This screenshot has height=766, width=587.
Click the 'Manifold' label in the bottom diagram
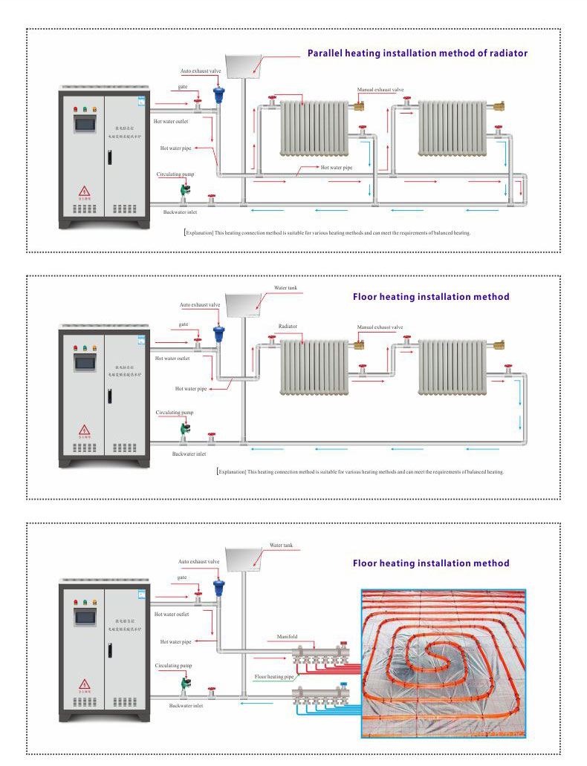[287, 637]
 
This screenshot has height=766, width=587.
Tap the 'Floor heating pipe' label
[274, 677]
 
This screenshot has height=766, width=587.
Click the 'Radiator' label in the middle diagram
[288, 326]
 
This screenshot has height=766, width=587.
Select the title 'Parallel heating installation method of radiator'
[418, 53]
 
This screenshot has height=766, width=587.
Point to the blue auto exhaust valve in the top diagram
[218, 96]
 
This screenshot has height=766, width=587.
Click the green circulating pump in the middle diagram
[184, 428]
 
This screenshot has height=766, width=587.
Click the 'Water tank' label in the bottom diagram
[281, 545]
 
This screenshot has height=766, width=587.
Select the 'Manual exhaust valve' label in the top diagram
[380, 90]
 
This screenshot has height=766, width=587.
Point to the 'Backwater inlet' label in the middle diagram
[189, 454]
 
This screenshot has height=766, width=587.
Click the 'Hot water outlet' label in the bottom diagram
[172, 615]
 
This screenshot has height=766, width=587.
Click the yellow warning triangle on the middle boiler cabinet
[85, 430]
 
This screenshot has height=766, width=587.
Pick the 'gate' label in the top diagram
[182, 87]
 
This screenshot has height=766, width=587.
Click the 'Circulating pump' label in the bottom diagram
[174, 666]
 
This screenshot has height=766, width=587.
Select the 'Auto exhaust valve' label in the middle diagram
[200, 304]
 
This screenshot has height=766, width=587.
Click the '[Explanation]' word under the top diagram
[198, 232]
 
